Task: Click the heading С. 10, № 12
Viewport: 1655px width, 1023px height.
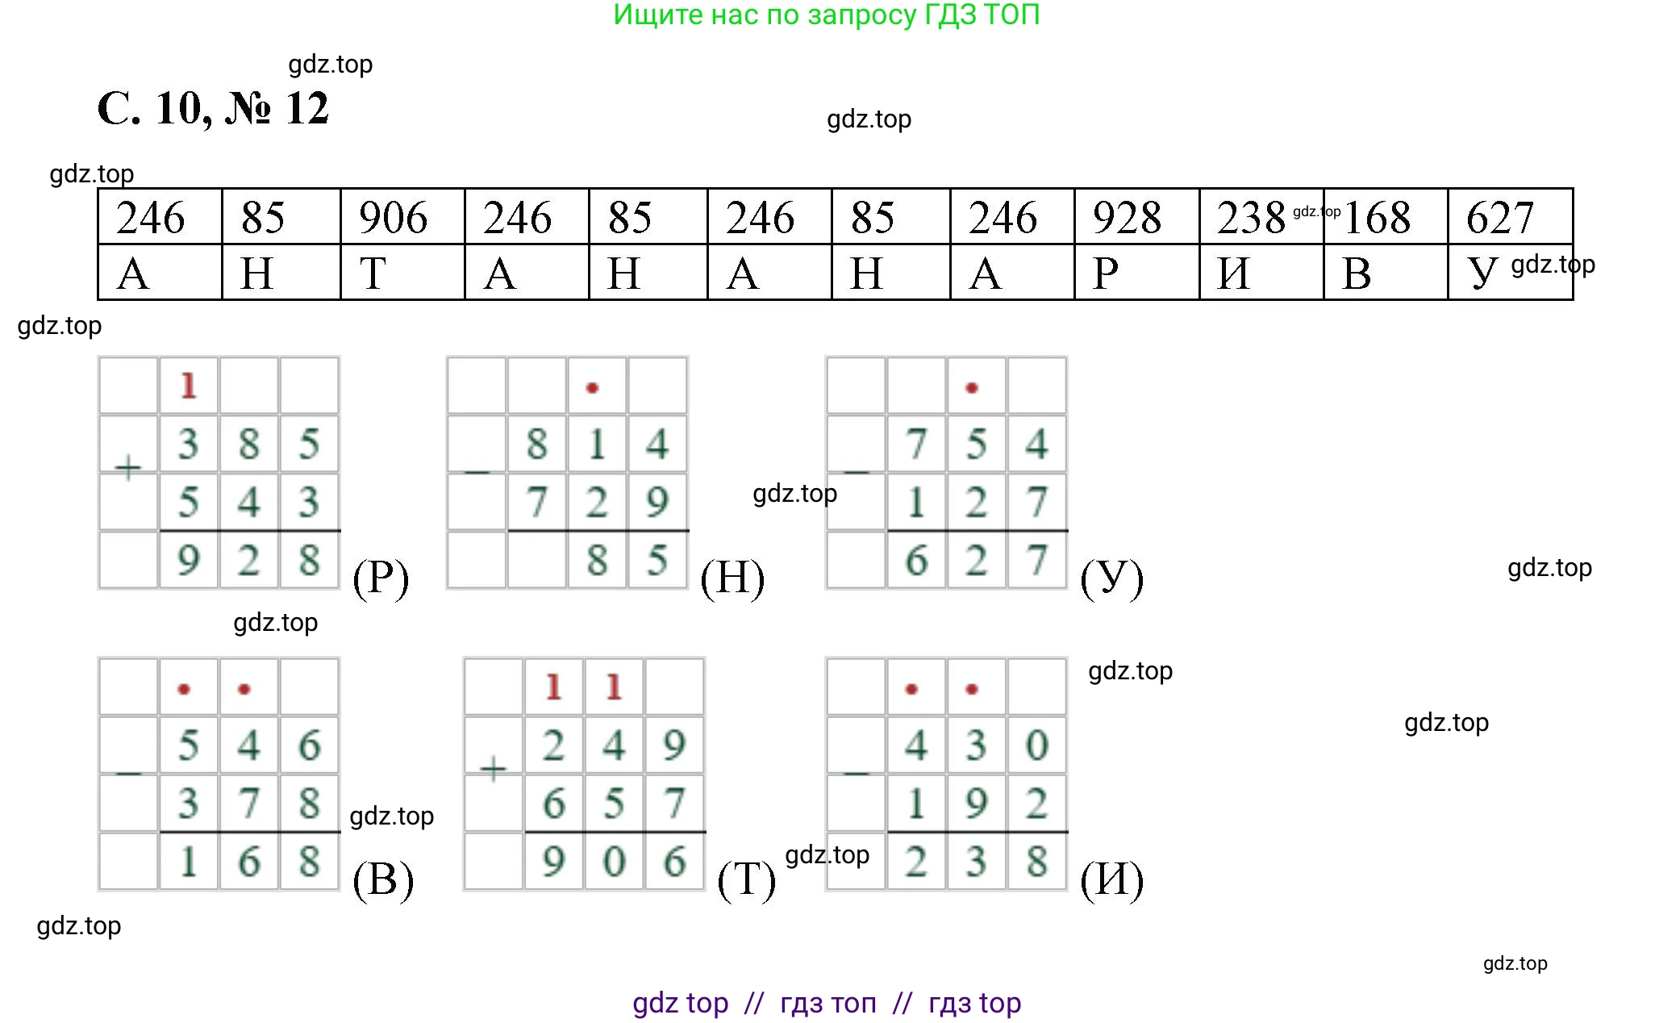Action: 213,109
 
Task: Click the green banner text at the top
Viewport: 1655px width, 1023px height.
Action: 827,15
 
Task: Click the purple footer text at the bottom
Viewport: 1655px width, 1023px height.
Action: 827,1003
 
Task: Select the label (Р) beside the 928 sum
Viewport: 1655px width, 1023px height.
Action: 381,578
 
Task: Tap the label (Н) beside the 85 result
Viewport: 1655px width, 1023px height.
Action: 732,578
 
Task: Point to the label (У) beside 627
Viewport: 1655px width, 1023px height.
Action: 1111,578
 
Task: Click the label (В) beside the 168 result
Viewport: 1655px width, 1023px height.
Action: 383,879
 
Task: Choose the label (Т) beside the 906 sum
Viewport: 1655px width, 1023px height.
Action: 747,879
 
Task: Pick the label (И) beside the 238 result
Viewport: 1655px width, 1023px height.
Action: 1111,879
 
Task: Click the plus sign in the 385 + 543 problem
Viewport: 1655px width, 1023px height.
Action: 128,467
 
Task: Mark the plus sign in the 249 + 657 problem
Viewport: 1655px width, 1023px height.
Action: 493,768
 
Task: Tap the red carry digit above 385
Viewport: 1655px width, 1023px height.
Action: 189,386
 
